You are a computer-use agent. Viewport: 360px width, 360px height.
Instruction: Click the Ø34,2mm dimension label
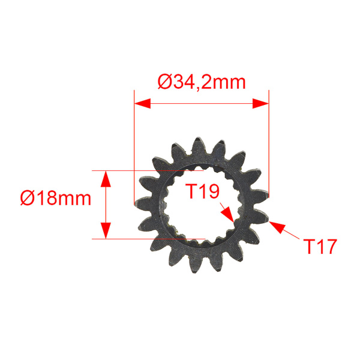202,81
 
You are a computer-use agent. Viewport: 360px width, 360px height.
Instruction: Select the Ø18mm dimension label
55,197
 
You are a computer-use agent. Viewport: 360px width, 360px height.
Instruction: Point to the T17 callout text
319,246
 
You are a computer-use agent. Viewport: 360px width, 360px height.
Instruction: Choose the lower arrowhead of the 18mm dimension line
106,231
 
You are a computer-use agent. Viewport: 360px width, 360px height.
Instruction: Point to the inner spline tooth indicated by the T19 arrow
235,223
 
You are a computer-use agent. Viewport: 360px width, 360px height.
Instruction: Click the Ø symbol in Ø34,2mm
166,81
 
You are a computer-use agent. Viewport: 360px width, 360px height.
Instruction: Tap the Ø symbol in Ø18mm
28,197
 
